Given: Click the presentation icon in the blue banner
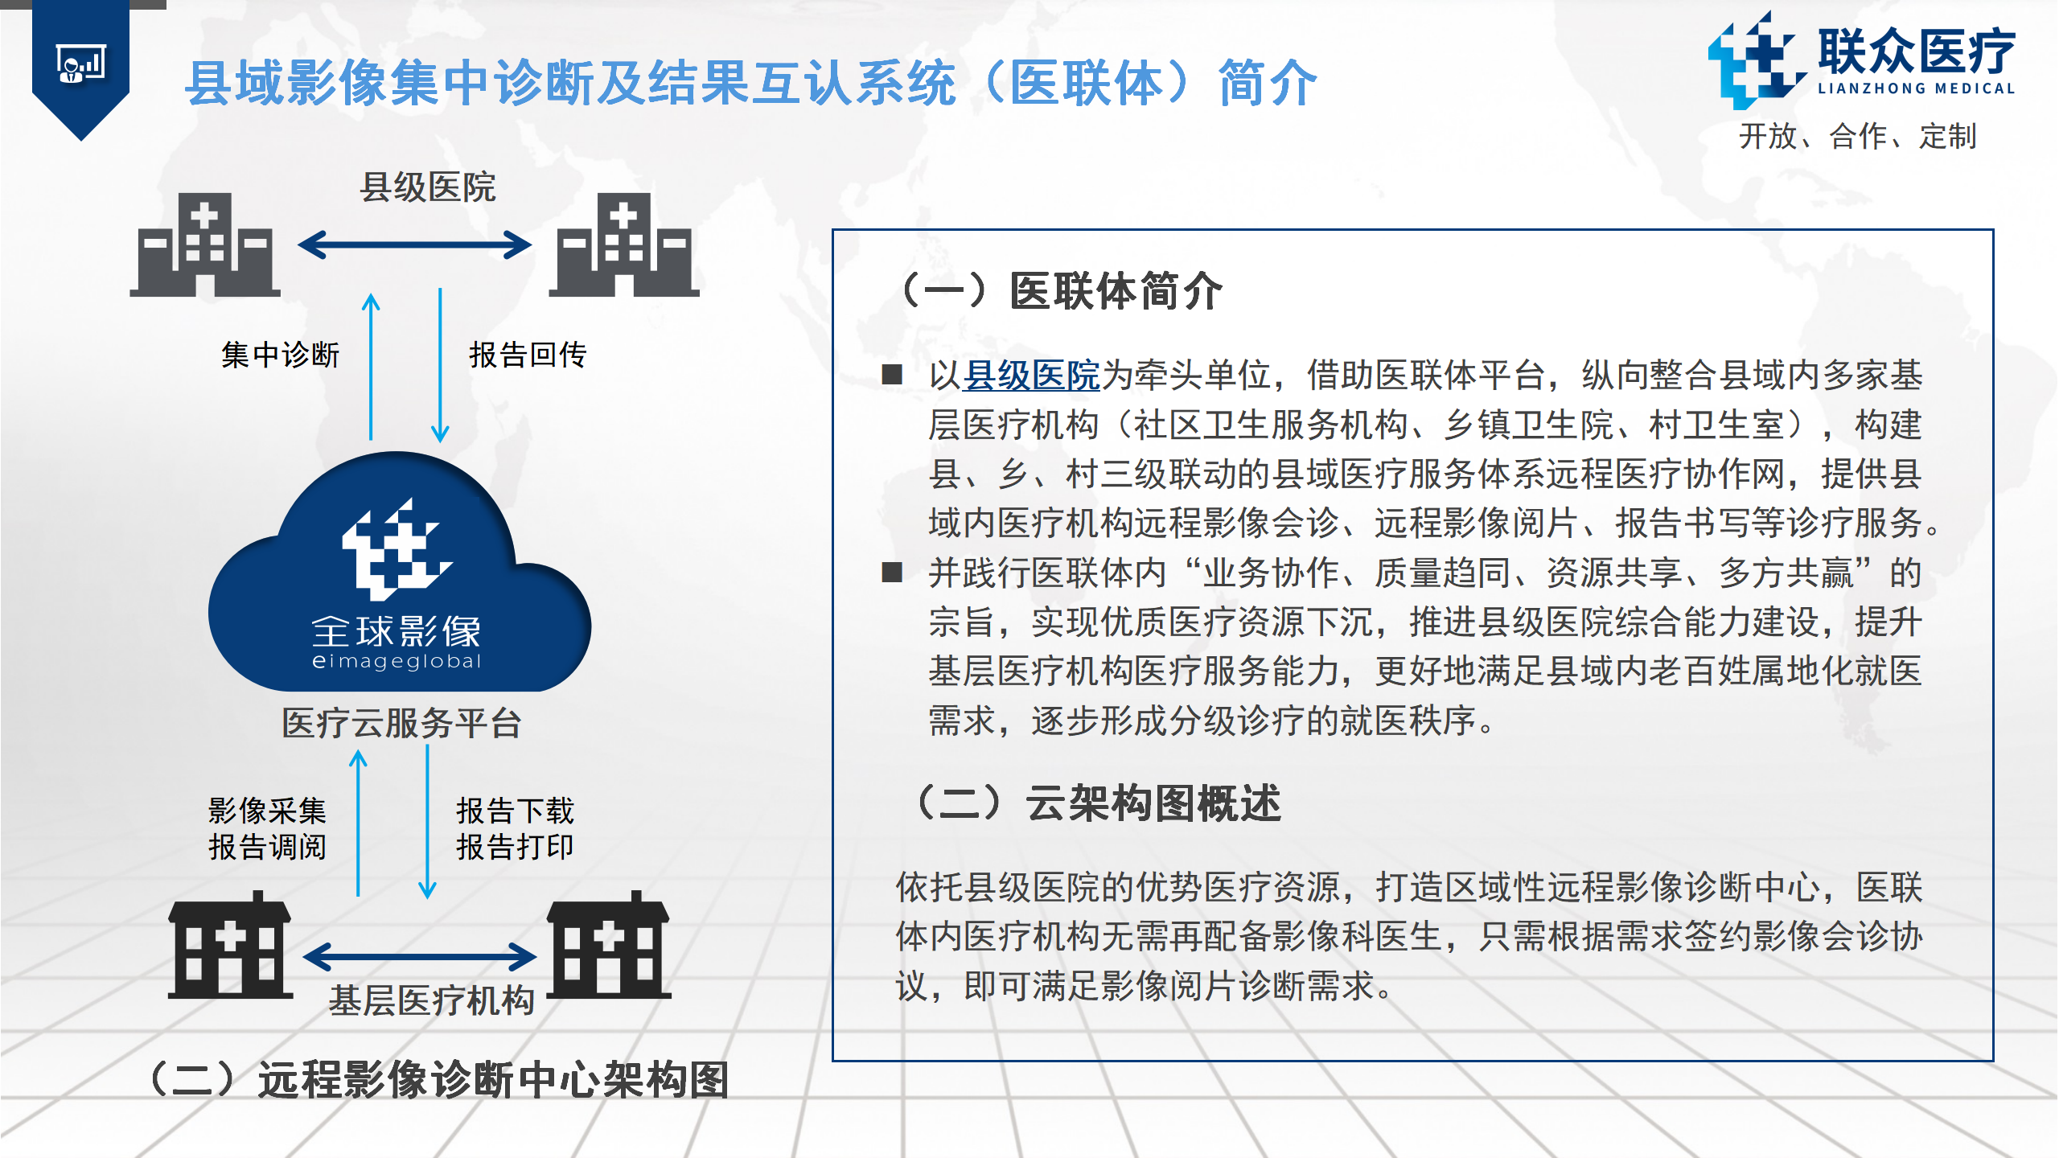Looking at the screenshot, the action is click(80, 64).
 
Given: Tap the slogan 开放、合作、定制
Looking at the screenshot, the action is click(1858, 136).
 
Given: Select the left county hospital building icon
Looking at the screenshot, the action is click(205, 244).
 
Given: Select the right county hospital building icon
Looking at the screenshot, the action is click(624, 244).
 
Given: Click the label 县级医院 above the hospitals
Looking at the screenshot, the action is click(428, 187).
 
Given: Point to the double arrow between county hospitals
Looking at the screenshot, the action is click(414, 245).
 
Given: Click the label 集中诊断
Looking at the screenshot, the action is click(281, 355).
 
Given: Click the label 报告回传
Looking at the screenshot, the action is click(528, 355).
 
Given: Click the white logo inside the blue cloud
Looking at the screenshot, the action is click(397, 549).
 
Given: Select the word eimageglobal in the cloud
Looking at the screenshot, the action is click(397, 661).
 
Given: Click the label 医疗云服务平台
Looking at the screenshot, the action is click(402, 723).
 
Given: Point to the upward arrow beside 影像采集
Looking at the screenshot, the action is click(359, 823).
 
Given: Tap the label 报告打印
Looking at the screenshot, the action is click(516, 847).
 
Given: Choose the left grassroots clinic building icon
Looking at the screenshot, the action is click(230, 945).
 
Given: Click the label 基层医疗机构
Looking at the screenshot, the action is click(432, 1000).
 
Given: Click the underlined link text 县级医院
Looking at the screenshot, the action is click(1031, 376).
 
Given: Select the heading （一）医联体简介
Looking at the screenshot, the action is click(1061, 290).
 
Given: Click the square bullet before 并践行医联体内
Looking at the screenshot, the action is click(892, 573).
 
